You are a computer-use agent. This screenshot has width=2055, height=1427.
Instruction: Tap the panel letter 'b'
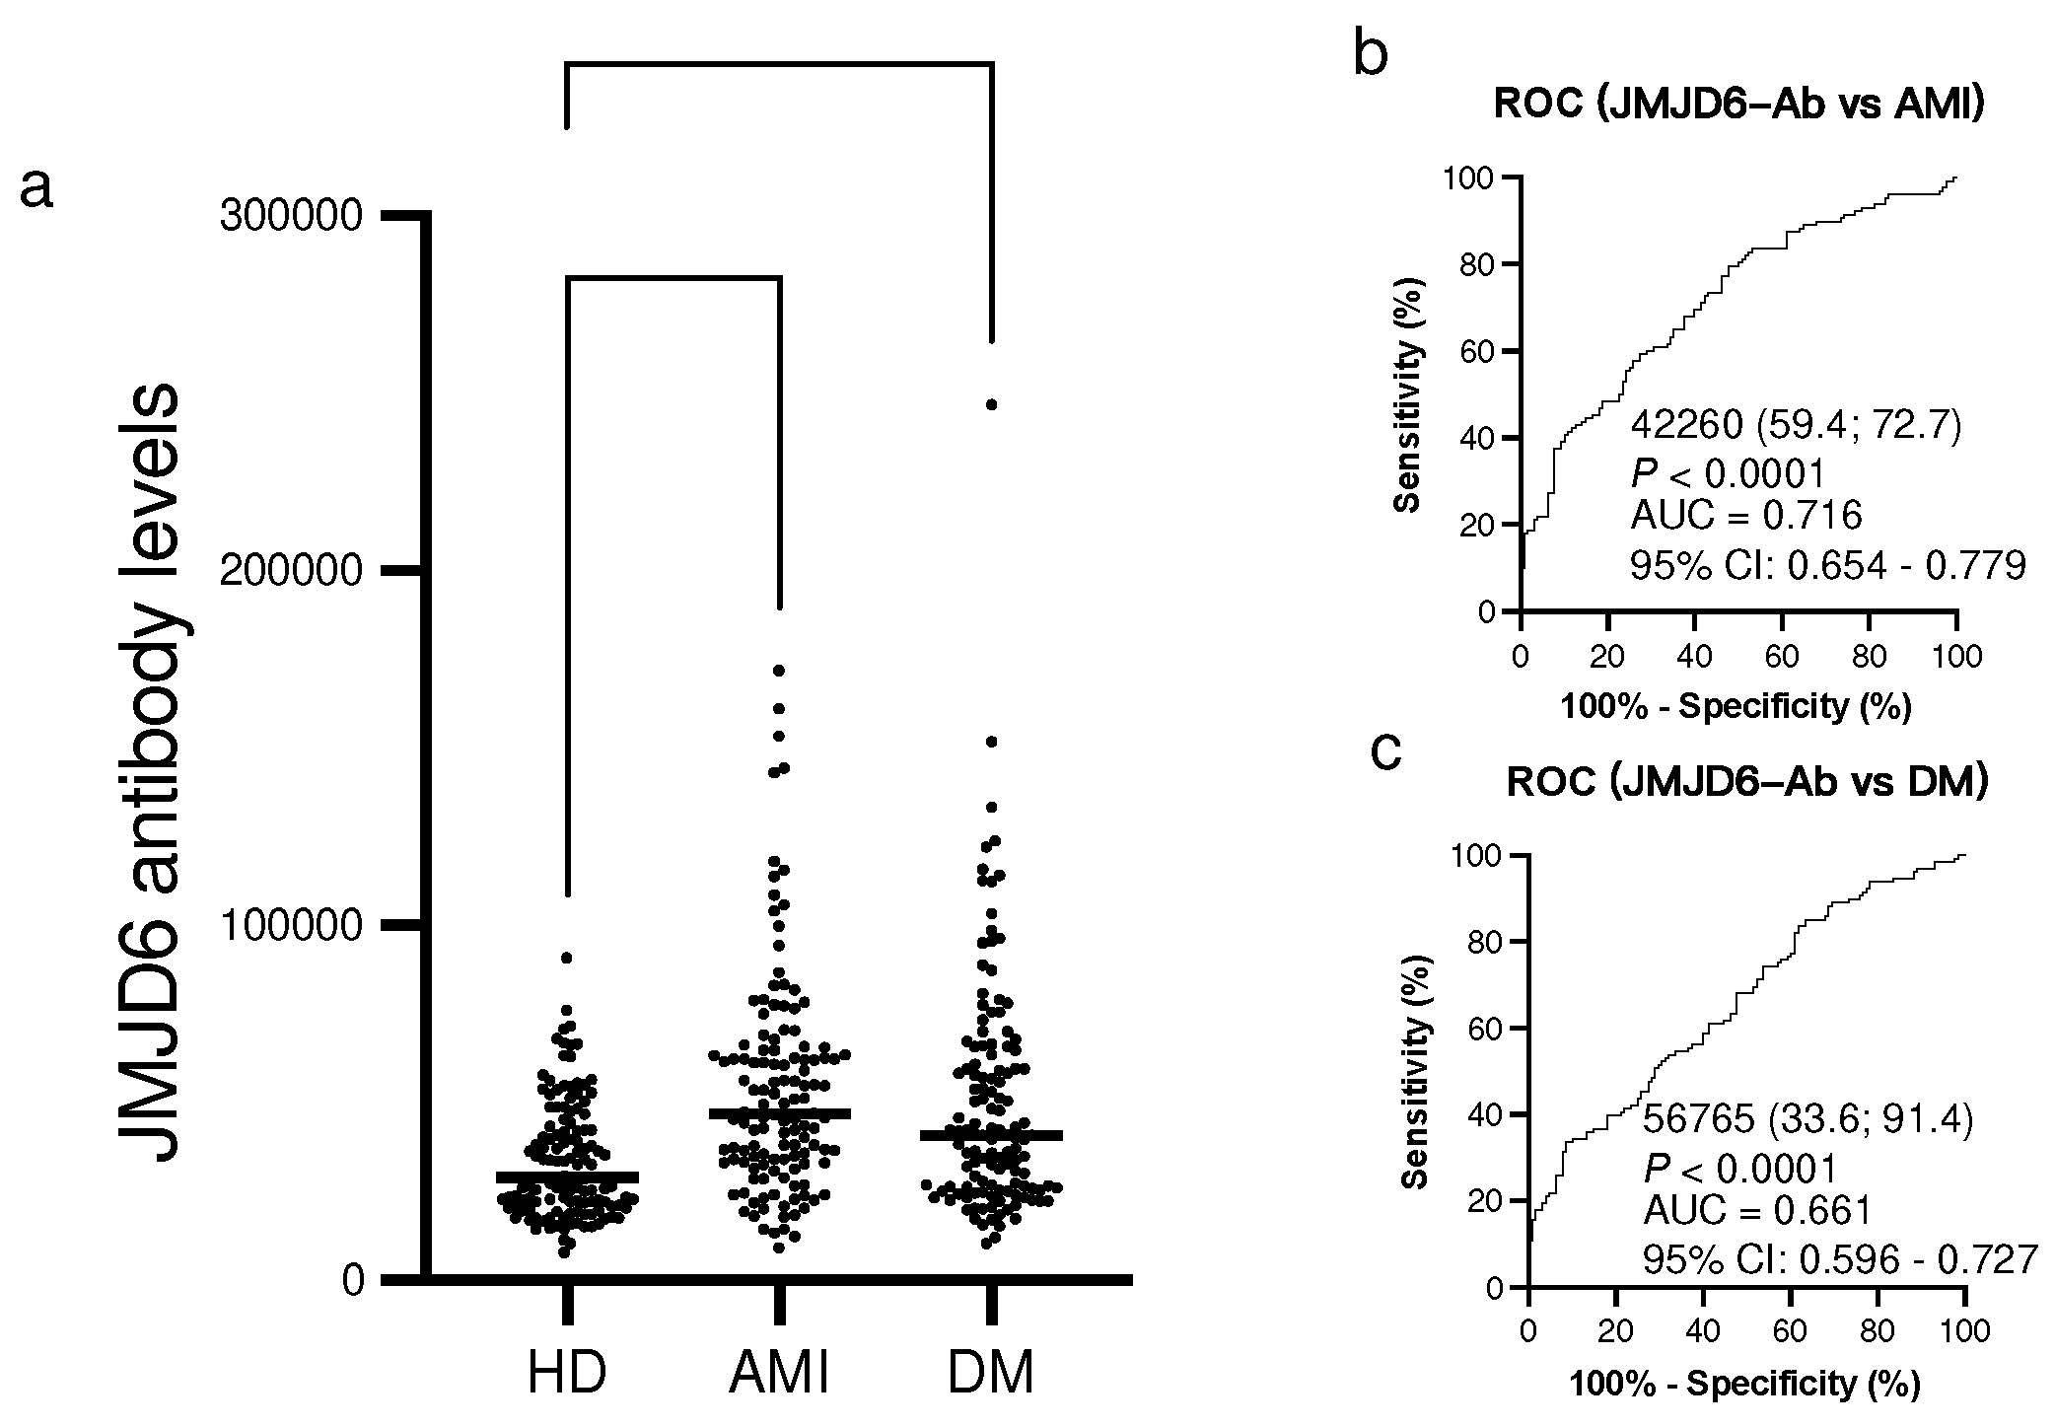coord(1371,53)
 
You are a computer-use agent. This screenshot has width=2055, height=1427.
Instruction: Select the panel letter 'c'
coord(1386,752)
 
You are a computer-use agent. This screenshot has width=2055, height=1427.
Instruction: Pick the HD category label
coord(567,1374)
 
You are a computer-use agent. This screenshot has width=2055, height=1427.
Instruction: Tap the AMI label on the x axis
coord(780,1374)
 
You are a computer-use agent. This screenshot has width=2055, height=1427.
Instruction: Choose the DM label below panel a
coord(991,1374)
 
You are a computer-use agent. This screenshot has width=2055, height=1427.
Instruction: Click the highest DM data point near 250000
coord(992,404)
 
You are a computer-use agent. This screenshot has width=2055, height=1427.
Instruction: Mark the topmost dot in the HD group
coord(567,958)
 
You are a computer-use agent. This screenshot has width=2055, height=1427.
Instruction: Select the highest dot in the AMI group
coord(779,671)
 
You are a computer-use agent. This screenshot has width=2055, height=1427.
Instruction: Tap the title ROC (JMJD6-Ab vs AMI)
coord(1738,105)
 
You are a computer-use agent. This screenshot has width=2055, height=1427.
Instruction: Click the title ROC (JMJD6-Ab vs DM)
coord(1747,782)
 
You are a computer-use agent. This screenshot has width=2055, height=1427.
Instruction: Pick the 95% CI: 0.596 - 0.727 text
coord(1839,1259)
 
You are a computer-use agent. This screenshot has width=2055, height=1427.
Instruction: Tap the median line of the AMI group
coord(780,1113)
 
